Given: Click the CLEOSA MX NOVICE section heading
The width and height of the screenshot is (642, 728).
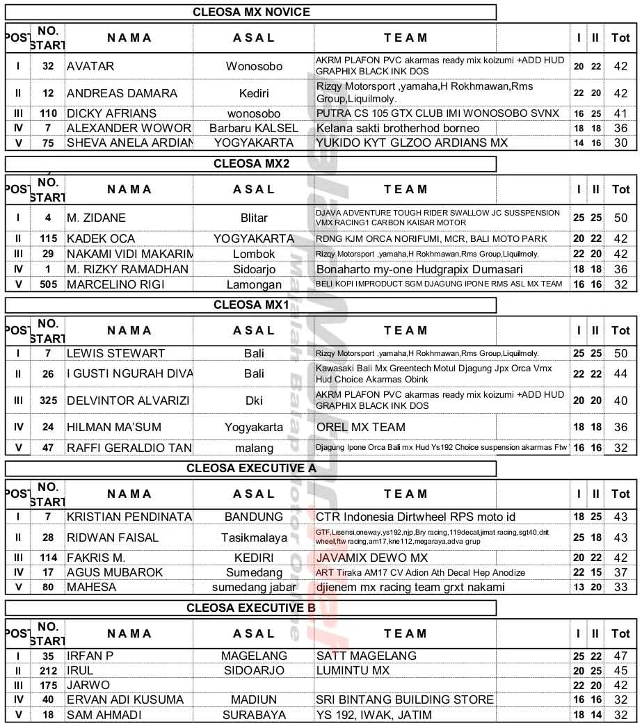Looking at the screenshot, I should [251, 12].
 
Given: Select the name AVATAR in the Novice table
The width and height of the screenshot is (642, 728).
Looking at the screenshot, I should [90, 67].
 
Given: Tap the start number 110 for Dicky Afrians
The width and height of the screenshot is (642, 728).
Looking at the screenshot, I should [48, 113].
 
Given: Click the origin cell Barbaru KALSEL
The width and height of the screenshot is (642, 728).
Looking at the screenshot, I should [254, 128].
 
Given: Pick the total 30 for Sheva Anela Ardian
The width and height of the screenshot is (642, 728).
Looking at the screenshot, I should [620, 143].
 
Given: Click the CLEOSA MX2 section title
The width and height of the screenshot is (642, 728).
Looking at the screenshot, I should [251, 164].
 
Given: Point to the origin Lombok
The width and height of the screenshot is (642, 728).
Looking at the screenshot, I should [254, 254].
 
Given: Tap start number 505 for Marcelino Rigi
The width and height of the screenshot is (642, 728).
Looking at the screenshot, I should [48, 284].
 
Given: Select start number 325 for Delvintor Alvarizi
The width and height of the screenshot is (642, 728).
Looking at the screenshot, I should [48, 401].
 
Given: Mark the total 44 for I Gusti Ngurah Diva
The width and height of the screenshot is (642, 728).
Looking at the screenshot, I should [620, 374].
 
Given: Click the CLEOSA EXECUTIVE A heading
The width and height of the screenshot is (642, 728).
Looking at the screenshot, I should [251, 469].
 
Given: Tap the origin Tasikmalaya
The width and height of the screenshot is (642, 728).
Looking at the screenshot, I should [254, 537].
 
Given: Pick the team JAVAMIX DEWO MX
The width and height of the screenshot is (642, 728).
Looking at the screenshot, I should [372, 558].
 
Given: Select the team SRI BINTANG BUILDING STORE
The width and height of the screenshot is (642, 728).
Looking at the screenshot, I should [405, 699].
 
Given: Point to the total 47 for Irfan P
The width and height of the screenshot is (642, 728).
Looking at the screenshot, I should [620, 656].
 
